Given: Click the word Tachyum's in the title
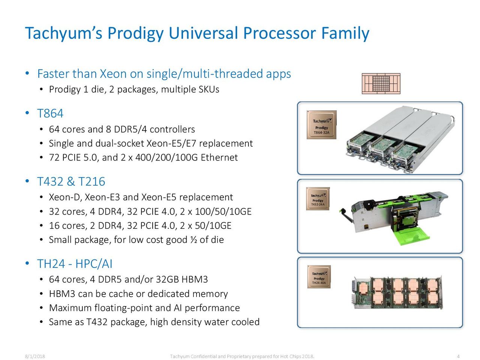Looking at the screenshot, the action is click(63, 33).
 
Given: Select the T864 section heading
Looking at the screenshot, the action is click(50, 113).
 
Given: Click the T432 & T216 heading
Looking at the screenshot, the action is click(71, 181).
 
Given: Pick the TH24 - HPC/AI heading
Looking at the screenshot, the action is click(75, 264).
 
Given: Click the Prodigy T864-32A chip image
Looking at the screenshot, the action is click(321, 124).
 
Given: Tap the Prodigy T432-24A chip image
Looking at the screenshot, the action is click(318, 199).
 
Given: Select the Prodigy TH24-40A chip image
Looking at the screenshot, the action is click(319, 277).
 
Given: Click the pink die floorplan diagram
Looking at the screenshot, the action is click(381, 84).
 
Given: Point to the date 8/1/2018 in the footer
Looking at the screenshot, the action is click(35, 356).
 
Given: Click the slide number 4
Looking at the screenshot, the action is click(458, 356).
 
